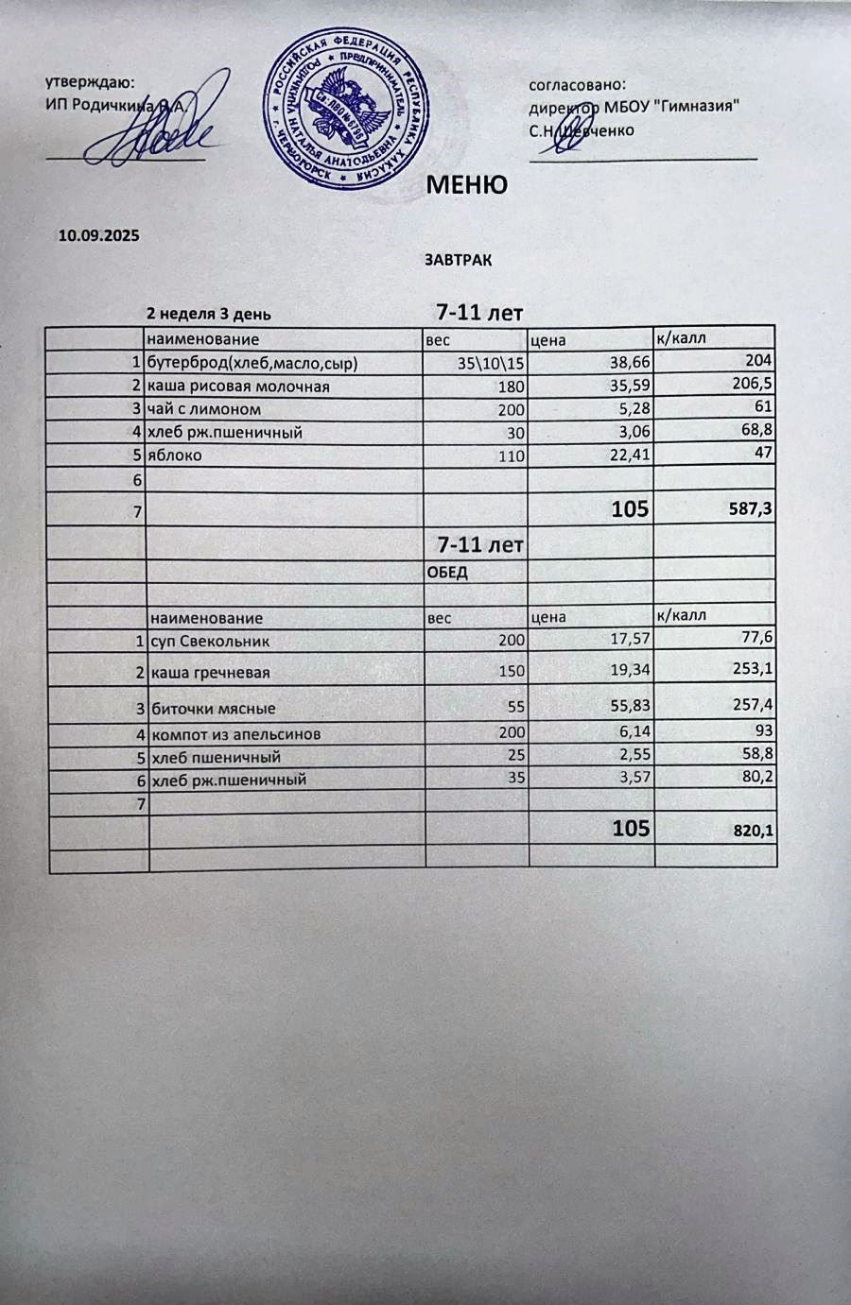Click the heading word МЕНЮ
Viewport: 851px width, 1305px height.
click(x=467, y=184)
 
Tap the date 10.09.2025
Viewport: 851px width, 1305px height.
click(x=99, y=235)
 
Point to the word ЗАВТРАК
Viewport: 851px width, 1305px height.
click(x=458, y=259)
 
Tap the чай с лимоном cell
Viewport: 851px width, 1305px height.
click(x=203, y=409)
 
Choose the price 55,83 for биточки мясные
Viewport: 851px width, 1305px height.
click(x=627, y=708)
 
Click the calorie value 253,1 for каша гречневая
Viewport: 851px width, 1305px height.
click(x=753, y=672)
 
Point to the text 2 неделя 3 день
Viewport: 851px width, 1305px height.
click(x=208, y=314)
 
